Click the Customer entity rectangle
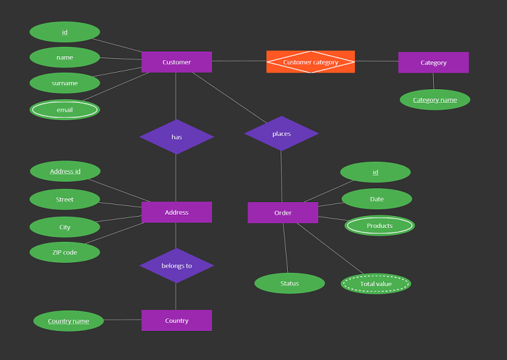coord(176,62)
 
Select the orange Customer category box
coord(310,62)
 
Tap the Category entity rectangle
coord(433,63)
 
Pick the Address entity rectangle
coord(176,212)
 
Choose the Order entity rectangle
coord(283,213)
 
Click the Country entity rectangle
coord(176,320)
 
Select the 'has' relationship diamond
coord(176,137)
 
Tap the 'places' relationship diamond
coord(281,133)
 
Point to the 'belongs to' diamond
coord(176,266)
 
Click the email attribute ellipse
coord(65,110)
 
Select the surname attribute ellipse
coord(65,83)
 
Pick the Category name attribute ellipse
coord(434,100)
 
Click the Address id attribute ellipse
coord(65,172)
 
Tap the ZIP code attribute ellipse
coord(65,252)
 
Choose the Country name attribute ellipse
coord(69,321)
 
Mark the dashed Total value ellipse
coord(376,284)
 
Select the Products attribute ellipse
coord(380,226)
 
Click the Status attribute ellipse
coord(289,283)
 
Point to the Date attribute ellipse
coord(376,199)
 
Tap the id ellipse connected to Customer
coord(65,32)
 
